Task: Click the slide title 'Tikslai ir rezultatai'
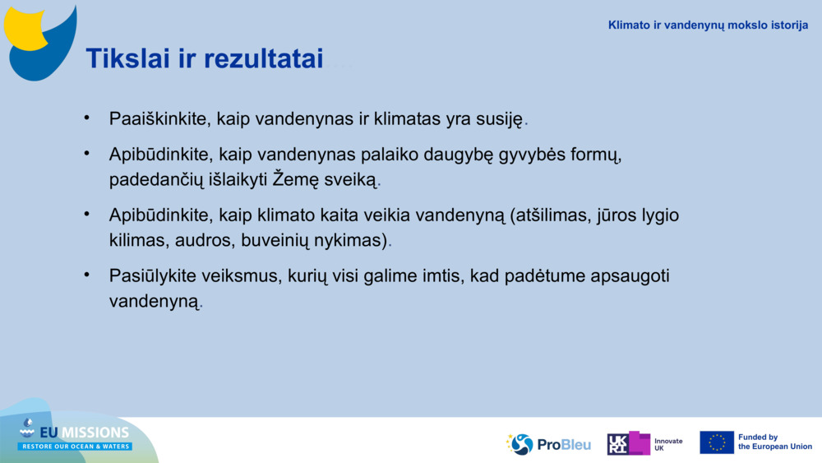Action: click(x=204, y=58)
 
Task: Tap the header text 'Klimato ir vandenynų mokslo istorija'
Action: click(x=708, y=25)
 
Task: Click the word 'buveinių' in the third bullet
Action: click(x=272, y=241)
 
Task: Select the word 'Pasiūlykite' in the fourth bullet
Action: click(x=151, y=277)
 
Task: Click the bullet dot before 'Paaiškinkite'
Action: click(x=86, y=118)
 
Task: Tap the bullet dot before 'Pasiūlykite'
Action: click(x=86, y=275)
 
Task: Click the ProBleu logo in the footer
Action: click(x=549, y=444)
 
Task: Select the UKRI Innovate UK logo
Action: click(x=644, y=443)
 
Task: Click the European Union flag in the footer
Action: click(x=717, y=442)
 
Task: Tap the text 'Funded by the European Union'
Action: click(x=774, y=442)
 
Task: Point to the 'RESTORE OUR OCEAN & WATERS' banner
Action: click(x=75, y=447)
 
